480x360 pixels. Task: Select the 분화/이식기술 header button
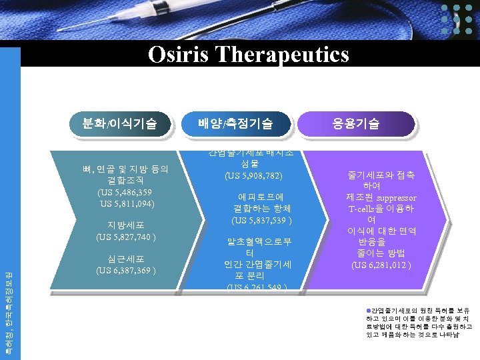pyautogui.click(x=119, y=123)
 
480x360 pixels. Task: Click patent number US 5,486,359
pyautogui.click(x=125, y=192)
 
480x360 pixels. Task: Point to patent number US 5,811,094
pyautogui.click(x=127, y=203)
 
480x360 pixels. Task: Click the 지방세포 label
pyautogui.click(x=126, y=225)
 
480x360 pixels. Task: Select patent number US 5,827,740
pyautogui.click(x=126, y=237)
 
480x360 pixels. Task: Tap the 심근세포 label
pyautogui.click(x=126, y=259)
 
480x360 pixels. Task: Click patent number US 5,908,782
pyautogui.click(x=254, y=176)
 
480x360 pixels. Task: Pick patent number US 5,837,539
pyautogui.click(x=261, y=219)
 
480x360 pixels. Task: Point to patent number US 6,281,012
pyautogui.click(x=381, y=265)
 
